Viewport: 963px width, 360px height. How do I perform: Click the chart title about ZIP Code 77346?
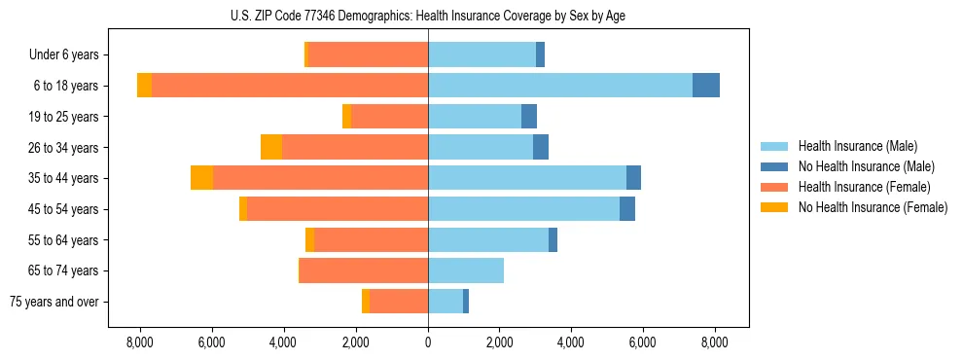pos(429,16)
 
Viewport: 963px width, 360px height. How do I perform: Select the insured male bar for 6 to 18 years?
pos(559,86)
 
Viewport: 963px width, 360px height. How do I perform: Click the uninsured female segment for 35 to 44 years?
pos(201,178)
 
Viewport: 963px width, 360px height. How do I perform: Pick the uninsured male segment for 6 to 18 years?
pos(706,86)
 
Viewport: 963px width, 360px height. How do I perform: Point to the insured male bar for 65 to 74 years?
pos(466,270)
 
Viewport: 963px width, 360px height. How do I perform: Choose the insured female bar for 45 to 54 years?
pos(338,209)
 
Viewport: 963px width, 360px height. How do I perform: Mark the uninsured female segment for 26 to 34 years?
pos(271,147)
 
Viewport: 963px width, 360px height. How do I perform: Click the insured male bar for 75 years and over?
pos(446,302)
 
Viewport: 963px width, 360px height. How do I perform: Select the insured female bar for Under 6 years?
pos(368,54)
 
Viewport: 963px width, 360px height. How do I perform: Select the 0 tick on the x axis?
pos(428,342)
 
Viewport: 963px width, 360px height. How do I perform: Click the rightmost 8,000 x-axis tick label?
pos(715,342)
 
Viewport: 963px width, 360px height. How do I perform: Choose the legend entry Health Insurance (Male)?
pos(856,146)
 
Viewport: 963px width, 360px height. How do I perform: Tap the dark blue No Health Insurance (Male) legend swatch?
pos(774,166)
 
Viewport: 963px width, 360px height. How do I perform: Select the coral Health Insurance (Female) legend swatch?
pos(774,187)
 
